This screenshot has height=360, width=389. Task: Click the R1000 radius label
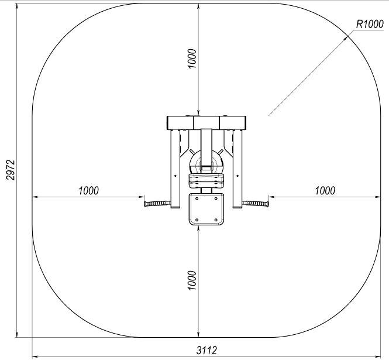coord(370,25)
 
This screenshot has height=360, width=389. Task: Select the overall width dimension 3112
coord(206,350)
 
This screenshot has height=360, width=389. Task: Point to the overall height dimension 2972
coord(11,170)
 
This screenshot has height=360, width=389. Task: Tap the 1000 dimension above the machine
coord(192,59)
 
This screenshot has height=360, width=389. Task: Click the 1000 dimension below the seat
coord(192,280)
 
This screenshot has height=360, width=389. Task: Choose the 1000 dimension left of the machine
coord(88,191)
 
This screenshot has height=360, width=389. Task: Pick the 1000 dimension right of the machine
coord(325,191)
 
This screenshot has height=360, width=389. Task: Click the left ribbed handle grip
coord(157,204)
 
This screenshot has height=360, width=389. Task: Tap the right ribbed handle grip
coord(256,204)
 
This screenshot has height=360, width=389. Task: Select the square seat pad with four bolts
coord(206,210)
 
